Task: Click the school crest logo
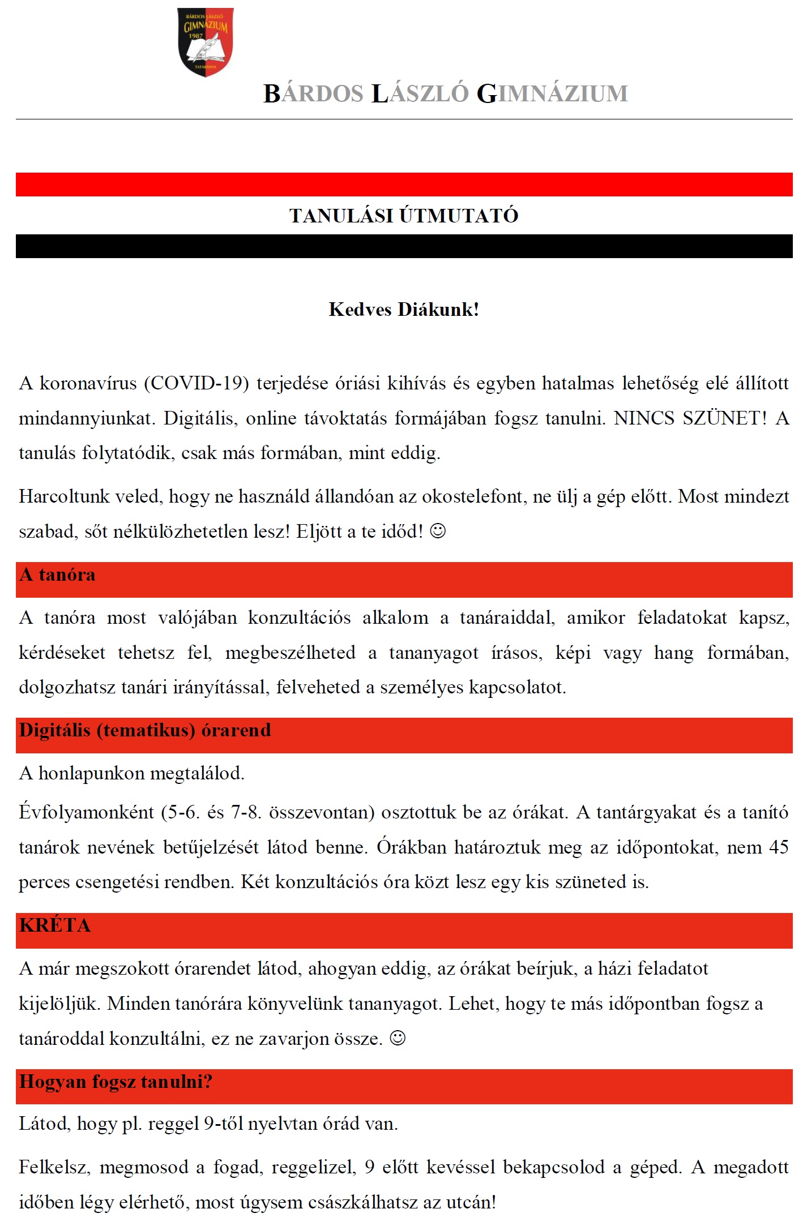tap(205, 42)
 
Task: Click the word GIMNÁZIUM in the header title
tap(552, 94)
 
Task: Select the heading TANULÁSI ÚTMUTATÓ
tap(404, 216)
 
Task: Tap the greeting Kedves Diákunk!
tap(404, 310)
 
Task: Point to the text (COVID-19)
tap(197, 383)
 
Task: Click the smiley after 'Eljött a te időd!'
tap(438, 531)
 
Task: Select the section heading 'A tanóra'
tap(57, 575)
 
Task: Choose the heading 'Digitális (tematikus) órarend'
tap(145, 731)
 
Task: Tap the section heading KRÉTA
tap(55, 925)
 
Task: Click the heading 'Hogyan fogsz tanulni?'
tap(116, 1082)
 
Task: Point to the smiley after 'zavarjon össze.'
tap(398, 1038)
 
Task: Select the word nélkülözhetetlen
tap(189, 531)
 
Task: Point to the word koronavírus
tap(88, 383)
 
